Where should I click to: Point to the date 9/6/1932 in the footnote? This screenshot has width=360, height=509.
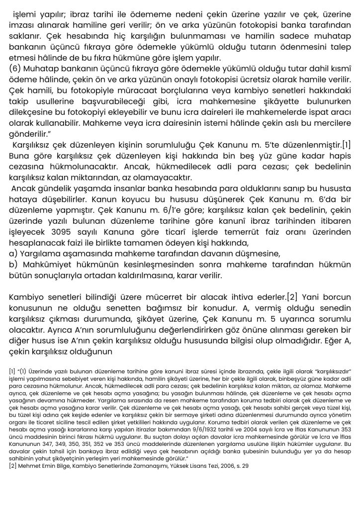pyautogui.click(x=217, y=429)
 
